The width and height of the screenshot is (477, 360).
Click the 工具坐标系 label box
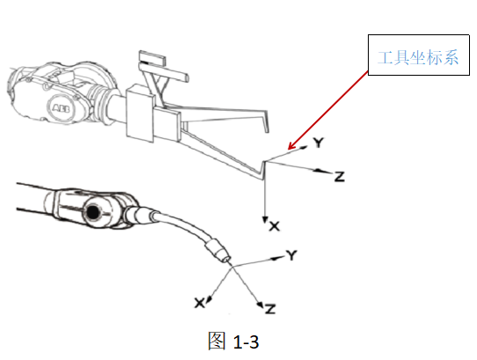[419, 55]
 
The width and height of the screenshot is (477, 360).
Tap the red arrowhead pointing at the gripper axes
[292, 146]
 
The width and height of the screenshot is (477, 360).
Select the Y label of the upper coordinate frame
[319, 142]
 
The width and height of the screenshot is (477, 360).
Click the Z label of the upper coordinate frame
[339, 177]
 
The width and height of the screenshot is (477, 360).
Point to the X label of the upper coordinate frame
[275, 226]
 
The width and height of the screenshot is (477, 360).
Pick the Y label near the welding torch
[291, 255]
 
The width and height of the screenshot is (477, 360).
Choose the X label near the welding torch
[199, 303]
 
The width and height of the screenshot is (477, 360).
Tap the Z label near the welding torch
[270, 309]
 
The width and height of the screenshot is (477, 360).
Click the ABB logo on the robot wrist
[61, 108]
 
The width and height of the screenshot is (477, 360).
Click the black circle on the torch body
[92, 212]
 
